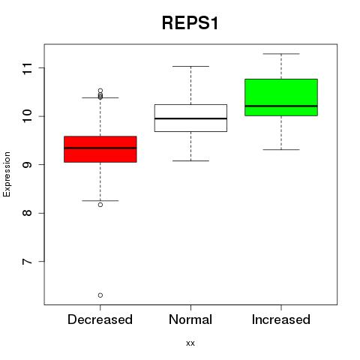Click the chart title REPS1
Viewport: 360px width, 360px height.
pos(190,23)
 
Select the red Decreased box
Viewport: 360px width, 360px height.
pos(100,149)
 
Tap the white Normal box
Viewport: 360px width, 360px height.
pos(190,118)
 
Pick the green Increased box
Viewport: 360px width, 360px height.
pos(281,97)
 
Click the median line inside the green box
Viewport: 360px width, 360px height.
pos(281,106)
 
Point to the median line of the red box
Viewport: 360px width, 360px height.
pos(100,148)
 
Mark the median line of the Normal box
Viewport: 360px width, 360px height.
pos(190,118)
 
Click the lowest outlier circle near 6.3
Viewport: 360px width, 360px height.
pos(100,295)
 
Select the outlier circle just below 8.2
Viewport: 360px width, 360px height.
pos(100,205)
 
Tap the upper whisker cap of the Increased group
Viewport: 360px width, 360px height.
pos(281,54)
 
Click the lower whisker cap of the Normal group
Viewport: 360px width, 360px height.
pos(190,160)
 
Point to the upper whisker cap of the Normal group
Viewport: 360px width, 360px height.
pos(190,66)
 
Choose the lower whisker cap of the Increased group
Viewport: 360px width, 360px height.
pos(281,149)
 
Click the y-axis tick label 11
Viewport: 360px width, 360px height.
pos(27,68)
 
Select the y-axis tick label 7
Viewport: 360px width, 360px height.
pos(27,262)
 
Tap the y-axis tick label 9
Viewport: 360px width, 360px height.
pos(27,165)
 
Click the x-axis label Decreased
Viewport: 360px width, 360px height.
pos(100,319)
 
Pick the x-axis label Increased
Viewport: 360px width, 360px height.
pos(281,319)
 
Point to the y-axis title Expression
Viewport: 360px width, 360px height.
pos(7,174)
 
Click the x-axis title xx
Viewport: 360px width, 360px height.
pos(190,343)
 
